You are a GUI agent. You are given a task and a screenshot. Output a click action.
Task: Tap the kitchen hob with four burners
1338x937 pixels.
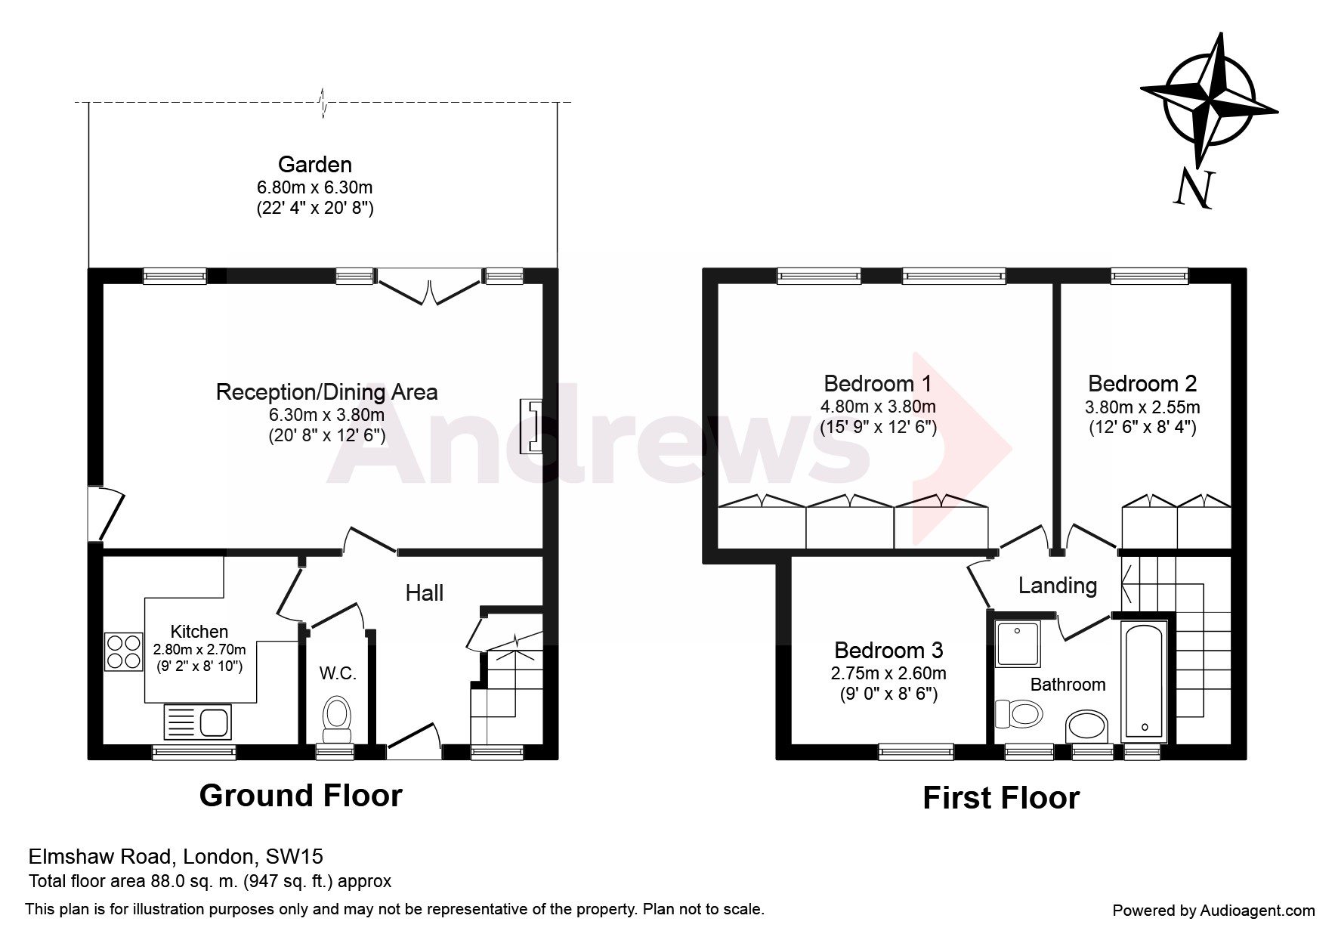coord(124,651)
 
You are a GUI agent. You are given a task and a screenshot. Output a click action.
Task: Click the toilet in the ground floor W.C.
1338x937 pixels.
coord(337,719)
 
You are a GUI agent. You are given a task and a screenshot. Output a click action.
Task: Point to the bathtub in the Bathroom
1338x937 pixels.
coord(1145,679)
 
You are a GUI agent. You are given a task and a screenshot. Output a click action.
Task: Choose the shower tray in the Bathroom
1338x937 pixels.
coord(1018,644)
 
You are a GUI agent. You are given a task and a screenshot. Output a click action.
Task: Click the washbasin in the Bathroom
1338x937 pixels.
coord(1086,727)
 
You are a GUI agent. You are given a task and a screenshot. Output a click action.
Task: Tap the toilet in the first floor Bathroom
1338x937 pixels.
coord(1018,713)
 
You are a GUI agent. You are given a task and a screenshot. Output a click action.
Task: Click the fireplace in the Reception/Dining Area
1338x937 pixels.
coord(531,427)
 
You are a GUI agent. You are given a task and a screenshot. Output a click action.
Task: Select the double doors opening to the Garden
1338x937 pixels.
coord(429,288)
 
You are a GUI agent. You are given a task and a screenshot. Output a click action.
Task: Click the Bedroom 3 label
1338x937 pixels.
coord(888,650)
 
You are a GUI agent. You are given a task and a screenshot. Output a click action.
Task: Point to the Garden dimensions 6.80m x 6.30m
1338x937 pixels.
coord(315,187)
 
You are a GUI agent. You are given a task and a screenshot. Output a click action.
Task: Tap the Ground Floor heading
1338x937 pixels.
coord(301,796)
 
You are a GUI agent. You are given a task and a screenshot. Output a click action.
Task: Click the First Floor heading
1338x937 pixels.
coord(1001,798)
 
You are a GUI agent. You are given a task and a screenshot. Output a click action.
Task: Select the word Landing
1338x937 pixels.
coord(1058,586)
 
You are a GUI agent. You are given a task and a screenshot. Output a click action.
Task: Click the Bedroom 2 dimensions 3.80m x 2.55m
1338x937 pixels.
coord(1142,407)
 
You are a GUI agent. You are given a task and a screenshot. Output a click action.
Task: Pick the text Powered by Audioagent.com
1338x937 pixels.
coord(1214,911)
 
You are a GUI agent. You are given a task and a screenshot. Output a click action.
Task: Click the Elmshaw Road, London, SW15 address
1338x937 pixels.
coord(176,856)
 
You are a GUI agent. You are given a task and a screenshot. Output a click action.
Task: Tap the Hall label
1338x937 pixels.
coord(425,593)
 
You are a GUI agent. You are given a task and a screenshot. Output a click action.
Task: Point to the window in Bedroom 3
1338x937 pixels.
coord(916,751)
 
